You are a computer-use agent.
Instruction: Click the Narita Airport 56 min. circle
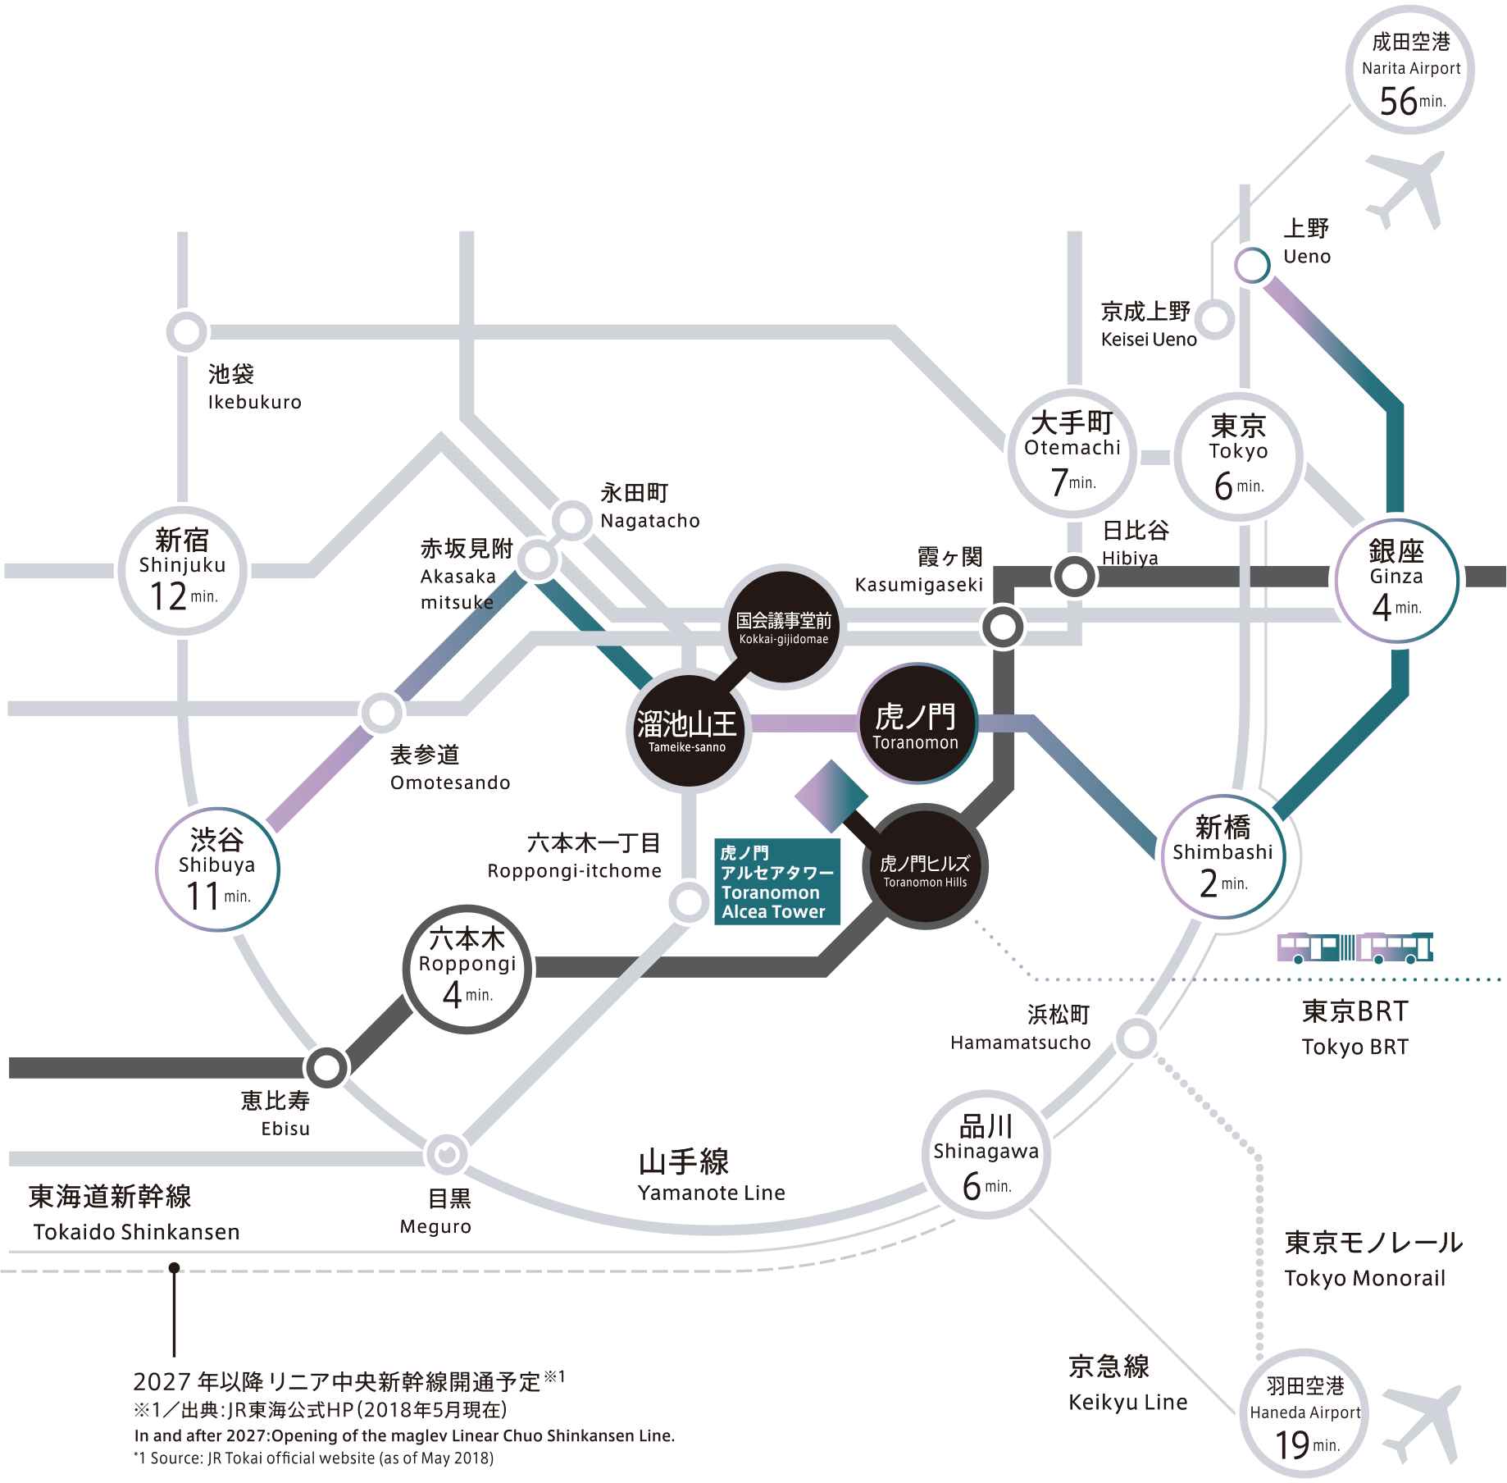coord(1410,71)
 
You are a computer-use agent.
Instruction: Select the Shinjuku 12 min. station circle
coord(182,570)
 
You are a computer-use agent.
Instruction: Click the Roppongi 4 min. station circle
coord(467,969)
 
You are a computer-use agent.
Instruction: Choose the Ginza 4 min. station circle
coord(1396,581)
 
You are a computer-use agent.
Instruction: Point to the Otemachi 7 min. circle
coord(1072,453)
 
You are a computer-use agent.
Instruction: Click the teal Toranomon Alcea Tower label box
coord(776,882)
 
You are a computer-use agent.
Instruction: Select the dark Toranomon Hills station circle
coord(925,867)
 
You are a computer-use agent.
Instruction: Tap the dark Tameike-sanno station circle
coord(688,730)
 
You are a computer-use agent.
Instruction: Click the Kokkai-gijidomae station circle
coord(784,627)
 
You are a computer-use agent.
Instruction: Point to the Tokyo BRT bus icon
coord(1354,947)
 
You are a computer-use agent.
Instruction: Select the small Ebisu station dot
coord(326,1067)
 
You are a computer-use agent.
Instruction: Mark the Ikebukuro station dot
coord(186,332)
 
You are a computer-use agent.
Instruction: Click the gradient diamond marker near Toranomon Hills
coord(831,796)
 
